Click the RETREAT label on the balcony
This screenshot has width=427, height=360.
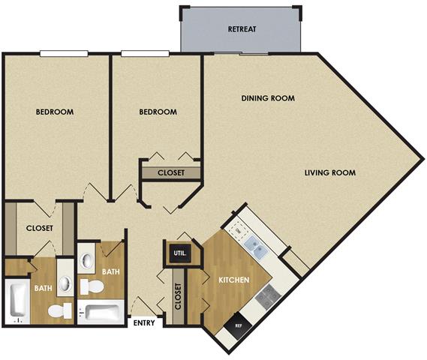tap(242, 30)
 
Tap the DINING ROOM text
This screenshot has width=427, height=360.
tap(267, 98)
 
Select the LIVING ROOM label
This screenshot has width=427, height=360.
tap(329, 173)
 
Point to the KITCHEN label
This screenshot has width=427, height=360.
tap(233, 280)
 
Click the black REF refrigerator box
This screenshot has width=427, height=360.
tap(239, 325)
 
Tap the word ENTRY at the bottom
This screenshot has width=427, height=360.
tap(144, 324)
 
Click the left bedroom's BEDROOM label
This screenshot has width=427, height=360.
tap(55, 112)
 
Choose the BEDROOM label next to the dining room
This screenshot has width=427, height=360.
tap(158, 112)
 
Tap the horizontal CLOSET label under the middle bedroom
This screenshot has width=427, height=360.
tap(171, 172)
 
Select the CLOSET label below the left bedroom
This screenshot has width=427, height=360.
tap(38, 229)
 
